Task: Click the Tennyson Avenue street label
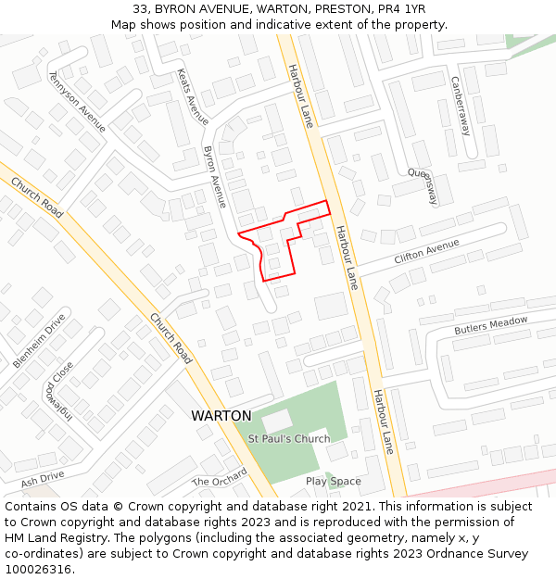coord(78,100)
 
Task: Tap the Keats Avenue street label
coord(192,95)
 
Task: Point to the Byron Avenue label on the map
coord(215,175)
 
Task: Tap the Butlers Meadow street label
coord(490,325)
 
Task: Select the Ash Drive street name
coord(43,478)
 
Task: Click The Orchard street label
coord(220,477)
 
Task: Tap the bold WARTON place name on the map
coord(221,416)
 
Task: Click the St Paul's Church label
coord(288,438)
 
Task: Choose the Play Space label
coord(333,482)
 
